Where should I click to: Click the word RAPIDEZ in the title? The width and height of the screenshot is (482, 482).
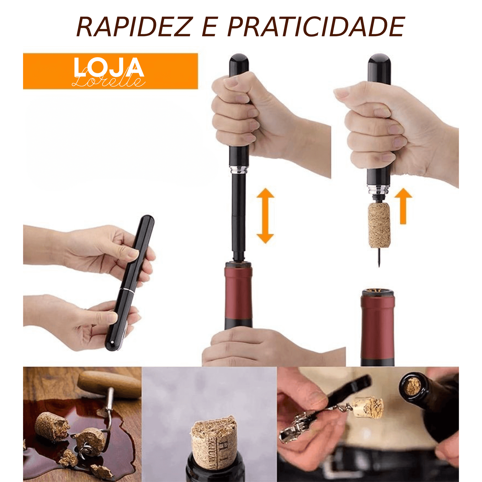[134, 27]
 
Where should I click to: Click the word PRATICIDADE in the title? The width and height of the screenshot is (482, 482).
[316, 27]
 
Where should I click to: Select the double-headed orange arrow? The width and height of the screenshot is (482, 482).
[265, 216]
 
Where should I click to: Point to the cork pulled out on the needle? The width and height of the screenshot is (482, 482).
[379, 225]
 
